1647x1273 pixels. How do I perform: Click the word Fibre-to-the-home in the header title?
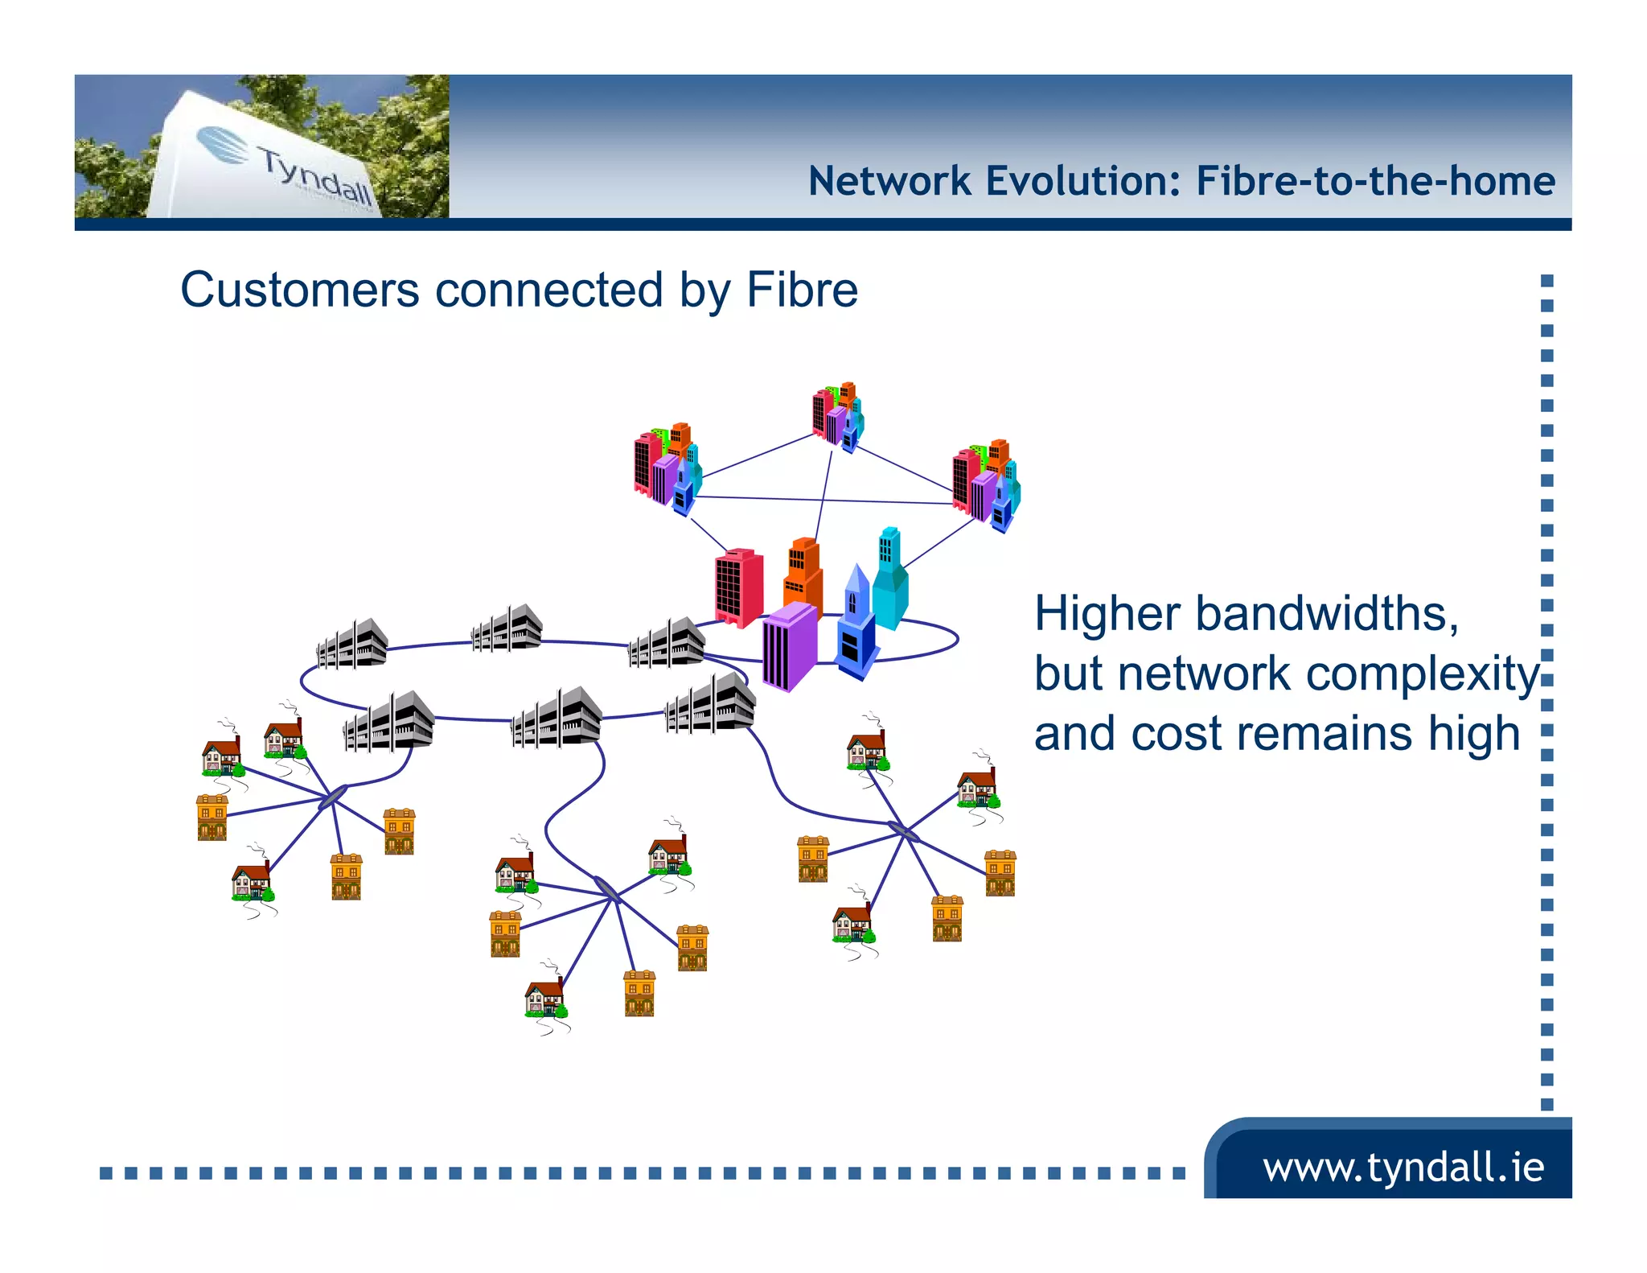coord(1374,181)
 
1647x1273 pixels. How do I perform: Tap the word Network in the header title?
coord(889,181)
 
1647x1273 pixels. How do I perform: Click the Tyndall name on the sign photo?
coord(316,175)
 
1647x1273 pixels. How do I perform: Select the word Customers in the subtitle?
coord(299,290)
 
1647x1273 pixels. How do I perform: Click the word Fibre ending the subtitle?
coord(802,290)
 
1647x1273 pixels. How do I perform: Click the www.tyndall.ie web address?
coord(1403,1167)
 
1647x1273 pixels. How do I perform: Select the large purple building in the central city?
coord(790,646)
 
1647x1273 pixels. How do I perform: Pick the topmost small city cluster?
coord(838,416)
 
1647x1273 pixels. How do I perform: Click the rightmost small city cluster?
coord(986,484)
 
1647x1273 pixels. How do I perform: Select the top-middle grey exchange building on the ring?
coord(507,628)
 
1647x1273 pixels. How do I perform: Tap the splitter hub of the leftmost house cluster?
coord(332,797)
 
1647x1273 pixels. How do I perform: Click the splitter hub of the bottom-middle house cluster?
coord(607,889)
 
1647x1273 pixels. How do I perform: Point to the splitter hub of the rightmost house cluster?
coord(904,830)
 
